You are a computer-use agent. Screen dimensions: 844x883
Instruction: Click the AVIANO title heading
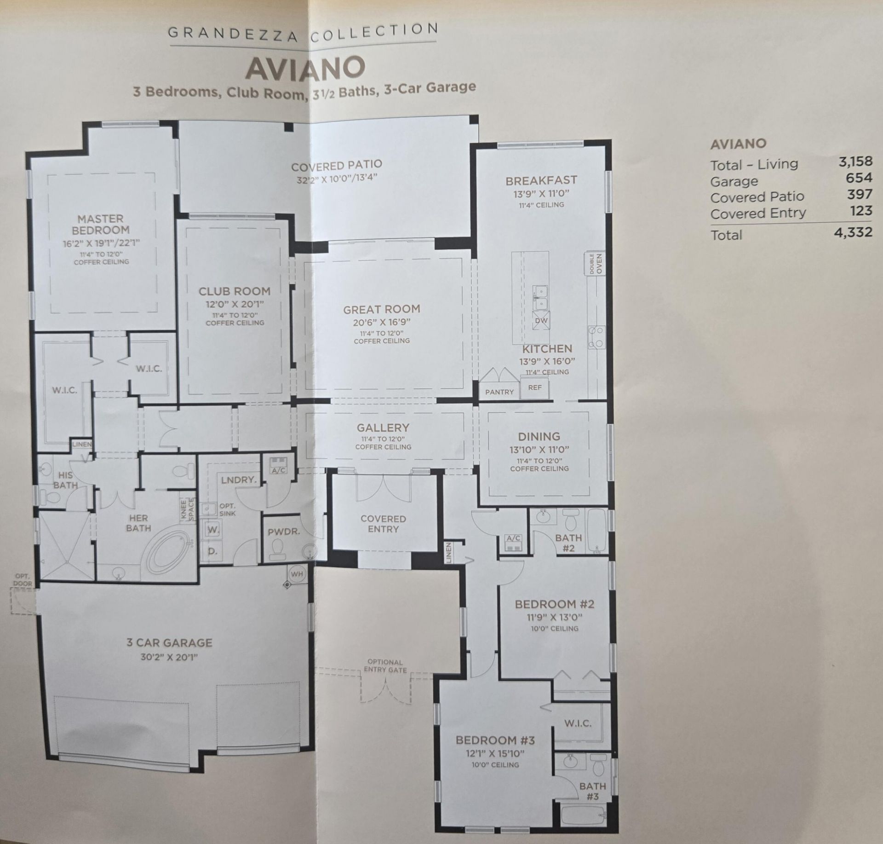[305, 69]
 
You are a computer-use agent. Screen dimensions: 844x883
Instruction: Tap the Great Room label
[382, 310]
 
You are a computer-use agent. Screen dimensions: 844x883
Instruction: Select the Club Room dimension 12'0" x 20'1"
[235, 304]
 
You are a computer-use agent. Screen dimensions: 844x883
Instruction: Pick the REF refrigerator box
[535, 387]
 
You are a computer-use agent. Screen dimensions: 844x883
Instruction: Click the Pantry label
[499, 392]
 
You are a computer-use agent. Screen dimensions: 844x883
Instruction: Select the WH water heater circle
[297, 574]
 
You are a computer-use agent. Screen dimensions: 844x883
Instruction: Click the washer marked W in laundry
[212, 530]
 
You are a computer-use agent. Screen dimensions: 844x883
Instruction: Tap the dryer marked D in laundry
[212, 551]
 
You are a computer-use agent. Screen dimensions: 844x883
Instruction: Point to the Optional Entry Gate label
[385, 666]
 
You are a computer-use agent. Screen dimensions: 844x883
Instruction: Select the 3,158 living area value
[855, 161]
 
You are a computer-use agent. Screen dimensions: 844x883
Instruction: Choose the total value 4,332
[853, 232]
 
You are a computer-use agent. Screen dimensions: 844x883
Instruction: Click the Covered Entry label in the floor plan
[383, 524]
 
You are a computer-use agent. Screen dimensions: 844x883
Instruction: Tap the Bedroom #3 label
[495, 740]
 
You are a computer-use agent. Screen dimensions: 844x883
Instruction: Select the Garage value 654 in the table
[859, 178]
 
